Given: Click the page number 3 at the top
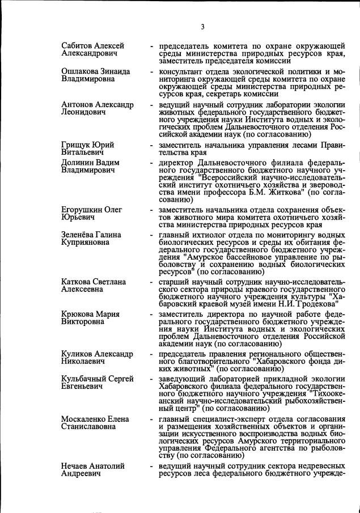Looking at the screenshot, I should (202, 27).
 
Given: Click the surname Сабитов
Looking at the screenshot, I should (78, 45).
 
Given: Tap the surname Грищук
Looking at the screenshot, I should (76, 145).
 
